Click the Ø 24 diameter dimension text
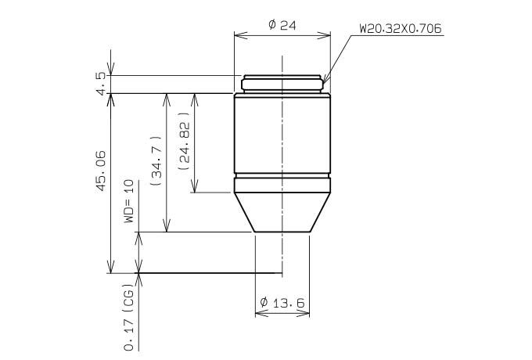tap(282, 25)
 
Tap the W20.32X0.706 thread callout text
tap(401, 29)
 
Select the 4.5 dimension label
tap(102, 84)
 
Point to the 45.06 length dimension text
tap(101, 171)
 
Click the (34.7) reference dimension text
tap(156, 160)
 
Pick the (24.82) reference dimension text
tap(184, 142)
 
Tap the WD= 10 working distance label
tap(129, 202)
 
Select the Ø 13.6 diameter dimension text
tap(282, 302)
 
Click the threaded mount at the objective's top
tap(282, 84)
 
